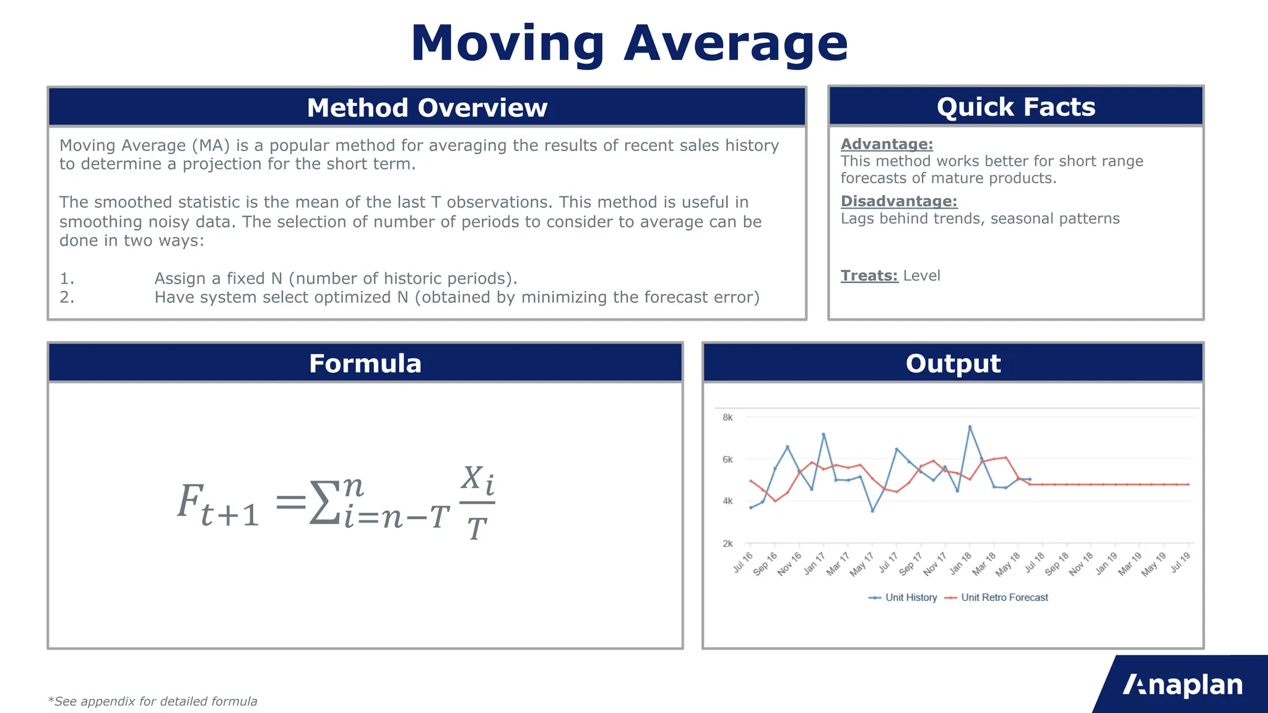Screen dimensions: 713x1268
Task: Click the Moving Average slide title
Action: click(x=629, y=43)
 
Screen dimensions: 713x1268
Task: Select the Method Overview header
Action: click(x=427, y=108)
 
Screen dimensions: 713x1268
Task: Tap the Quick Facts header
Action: click(x=1015, y=107)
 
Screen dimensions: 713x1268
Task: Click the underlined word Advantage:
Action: click(x=886, y=144)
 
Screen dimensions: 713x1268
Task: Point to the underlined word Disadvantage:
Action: click(x=898, y=201)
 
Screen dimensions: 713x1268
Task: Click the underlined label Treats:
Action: click(x=869, y=275)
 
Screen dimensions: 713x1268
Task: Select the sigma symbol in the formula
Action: click(x=324, y=502)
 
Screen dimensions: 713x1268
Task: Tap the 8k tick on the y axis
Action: click(x=727, y=418)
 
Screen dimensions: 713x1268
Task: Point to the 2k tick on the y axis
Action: click(x=727, y=543)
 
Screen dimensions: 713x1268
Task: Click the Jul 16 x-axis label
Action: click(x=743, y=562)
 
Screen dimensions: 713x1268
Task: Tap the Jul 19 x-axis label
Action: click(x=1181, y=562)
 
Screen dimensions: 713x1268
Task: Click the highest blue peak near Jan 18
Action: click(x=970, y=427)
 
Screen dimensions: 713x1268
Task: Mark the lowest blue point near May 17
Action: click(x=872, y=511)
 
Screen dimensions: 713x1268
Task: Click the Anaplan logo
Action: click(x=1182, y=685)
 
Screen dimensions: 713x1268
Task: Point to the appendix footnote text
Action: click(x=152, y=701)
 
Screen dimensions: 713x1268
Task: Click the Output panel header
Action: click(x=952, y=363)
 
